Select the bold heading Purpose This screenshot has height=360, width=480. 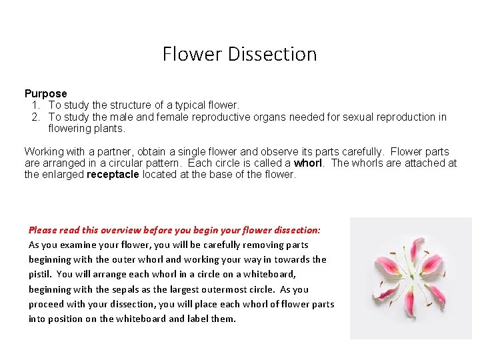click(x=46, y=94)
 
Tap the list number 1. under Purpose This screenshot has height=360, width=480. click(x=36, y=105)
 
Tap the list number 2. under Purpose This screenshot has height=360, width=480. click(x=36, y=117)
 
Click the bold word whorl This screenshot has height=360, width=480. click(x=307, y=163)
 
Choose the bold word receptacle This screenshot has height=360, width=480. click(x=113, y=175)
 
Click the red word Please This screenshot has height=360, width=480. click(x=43, y=230)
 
